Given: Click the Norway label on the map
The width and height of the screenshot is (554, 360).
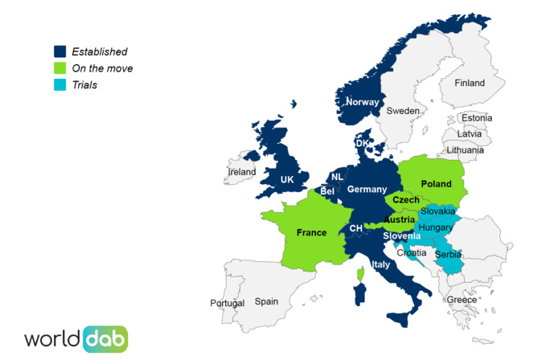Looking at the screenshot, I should (362, 102).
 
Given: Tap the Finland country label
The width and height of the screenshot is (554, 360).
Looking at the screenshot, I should (470, 83).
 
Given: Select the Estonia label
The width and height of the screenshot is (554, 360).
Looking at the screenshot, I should (477, 118).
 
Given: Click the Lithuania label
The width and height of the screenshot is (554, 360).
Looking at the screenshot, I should (466, 149).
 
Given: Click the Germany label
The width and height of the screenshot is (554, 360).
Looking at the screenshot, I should (367, 189).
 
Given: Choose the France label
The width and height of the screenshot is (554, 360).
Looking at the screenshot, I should (311, 233).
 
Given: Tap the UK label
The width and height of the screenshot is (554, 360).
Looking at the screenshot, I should (287, 180).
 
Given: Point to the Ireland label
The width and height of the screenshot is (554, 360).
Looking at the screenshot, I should (242, 172).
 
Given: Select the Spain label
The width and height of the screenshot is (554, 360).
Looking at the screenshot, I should (266, 301).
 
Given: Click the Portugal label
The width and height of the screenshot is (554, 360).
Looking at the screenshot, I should (227, 303).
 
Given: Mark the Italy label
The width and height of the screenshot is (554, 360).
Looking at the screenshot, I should (381, 264).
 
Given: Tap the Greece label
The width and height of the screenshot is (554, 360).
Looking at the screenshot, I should (462, 300).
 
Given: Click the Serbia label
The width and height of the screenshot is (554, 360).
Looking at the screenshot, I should (448, 255).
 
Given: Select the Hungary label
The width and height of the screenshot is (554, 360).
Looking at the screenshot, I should (437, 227).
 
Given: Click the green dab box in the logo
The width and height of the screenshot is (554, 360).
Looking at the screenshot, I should (105, 338).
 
